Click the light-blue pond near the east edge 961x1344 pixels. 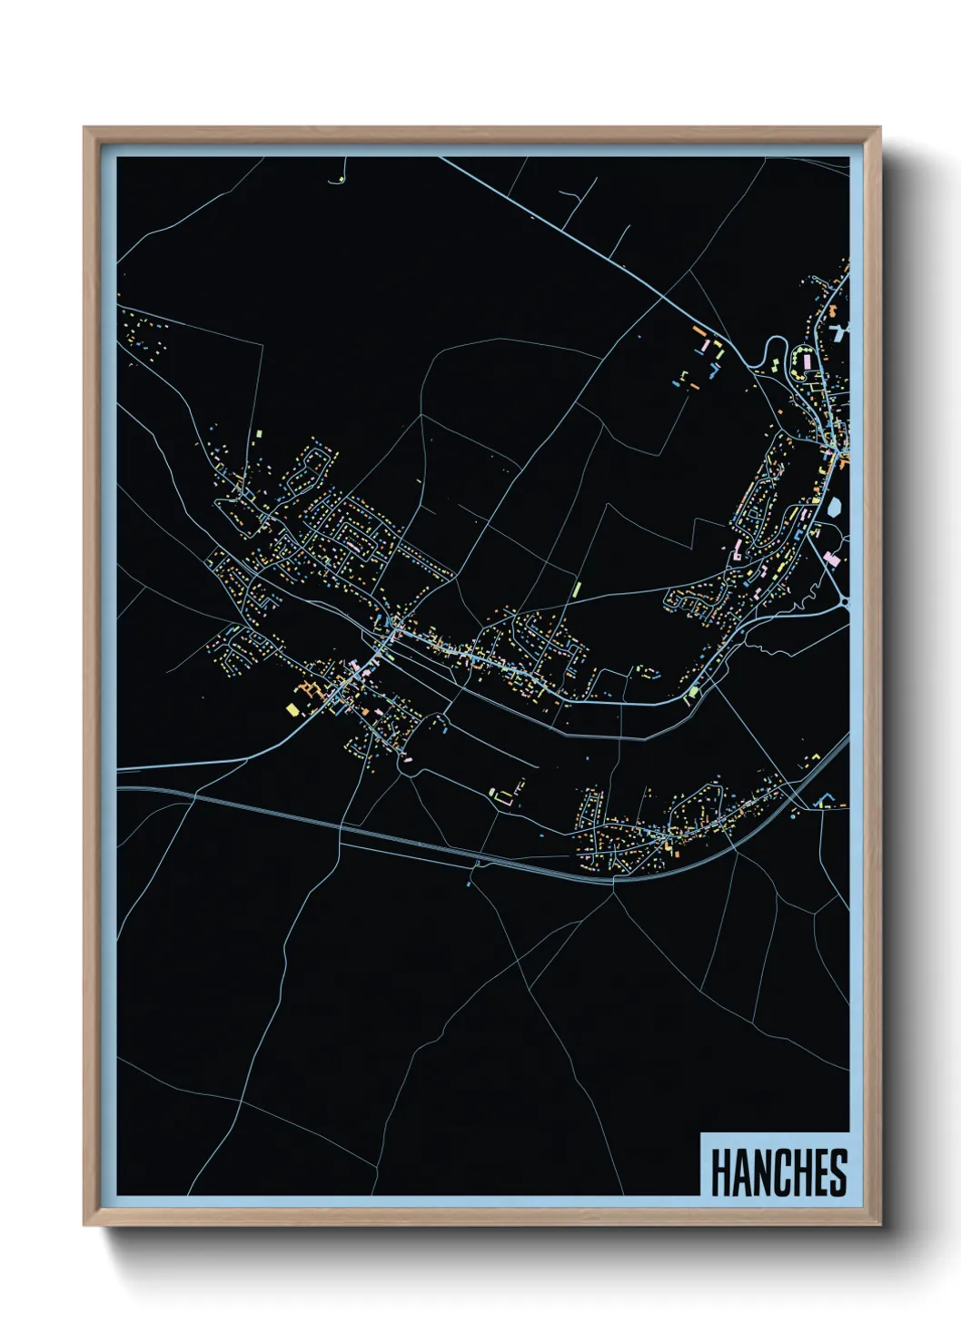tap(833, 507)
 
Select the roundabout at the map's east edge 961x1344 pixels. tap(844, 600)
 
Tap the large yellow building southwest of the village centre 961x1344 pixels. tap(292, 708)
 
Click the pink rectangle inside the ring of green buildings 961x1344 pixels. tap(804, 361)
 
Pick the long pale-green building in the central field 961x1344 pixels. tap(576, 590)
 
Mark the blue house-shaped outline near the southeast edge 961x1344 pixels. tap(825, 800)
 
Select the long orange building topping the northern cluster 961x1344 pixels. tap(698, 331)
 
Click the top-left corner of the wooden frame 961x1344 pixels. tap(84, 128)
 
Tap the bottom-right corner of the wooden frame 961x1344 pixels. tap(879, 1225)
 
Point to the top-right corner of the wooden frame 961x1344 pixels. tap(879, 128)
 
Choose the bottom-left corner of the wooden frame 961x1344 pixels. tap(84, 1225)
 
